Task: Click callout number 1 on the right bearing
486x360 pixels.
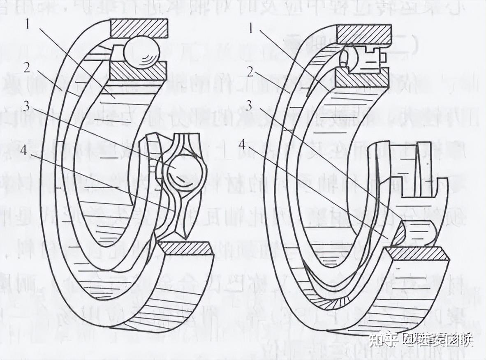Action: (252, 28)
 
